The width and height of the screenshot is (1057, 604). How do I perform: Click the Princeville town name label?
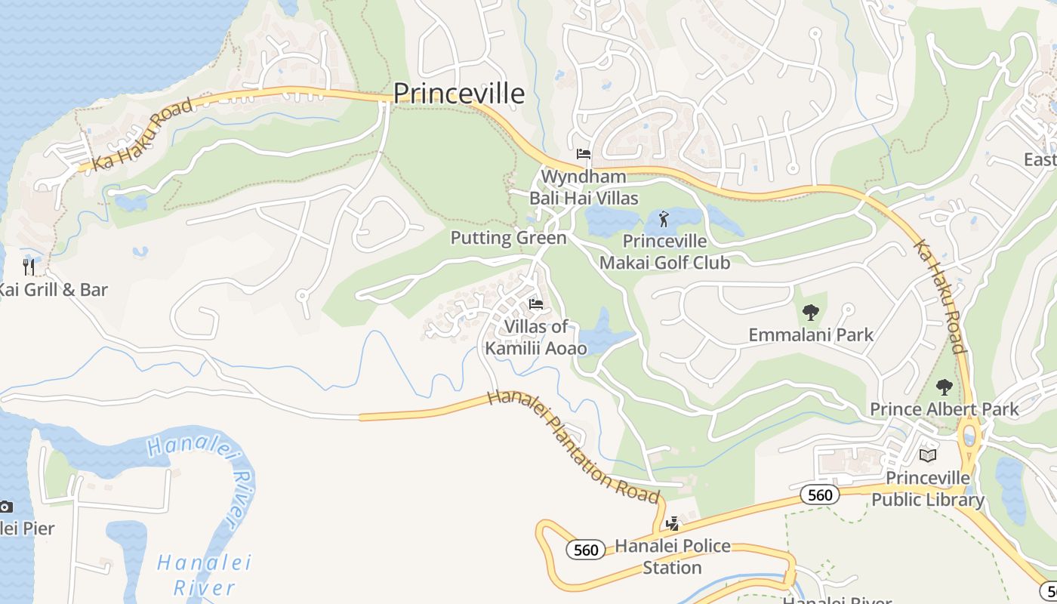click(x=458, y=93)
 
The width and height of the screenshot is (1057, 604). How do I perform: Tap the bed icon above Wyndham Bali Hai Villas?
click(x=584, y=154)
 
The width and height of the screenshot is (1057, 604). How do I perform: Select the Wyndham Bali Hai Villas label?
click(x=583, y=187)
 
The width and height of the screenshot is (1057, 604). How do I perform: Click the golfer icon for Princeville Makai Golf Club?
click(x=664, y=220)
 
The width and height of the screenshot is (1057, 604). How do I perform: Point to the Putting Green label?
click(x=508, y=238)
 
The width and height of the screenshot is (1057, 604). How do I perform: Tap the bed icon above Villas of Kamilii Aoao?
click(x=536, y=304)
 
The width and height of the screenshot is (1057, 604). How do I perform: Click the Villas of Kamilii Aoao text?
click(x=535, y=337)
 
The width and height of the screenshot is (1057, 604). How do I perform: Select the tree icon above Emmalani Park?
click(x=811, y=312)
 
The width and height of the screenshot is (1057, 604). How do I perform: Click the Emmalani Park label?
click(x=811, y=334)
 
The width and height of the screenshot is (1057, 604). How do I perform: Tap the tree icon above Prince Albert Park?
click(x=944, y=387)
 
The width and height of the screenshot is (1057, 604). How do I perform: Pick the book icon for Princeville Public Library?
click(x=928, y=455)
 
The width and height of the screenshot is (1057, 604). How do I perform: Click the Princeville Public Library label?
click(x=928, y=488)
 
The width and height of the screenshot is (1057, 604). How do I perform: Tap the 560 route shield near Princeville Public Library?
click(x=819, y=495)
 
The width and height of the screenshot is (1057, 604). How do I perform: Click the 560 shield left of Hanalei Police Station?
click(x=586, y=550)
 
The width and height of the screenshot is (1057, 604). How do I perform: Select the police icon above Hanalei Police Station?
click(x=672, y=524)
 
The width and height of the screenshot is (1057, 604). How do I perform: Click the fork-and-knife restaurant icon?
click(x=29, y=267)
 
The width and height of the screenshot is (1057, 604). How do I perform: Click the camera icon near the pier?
click(x=6, y=507)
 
